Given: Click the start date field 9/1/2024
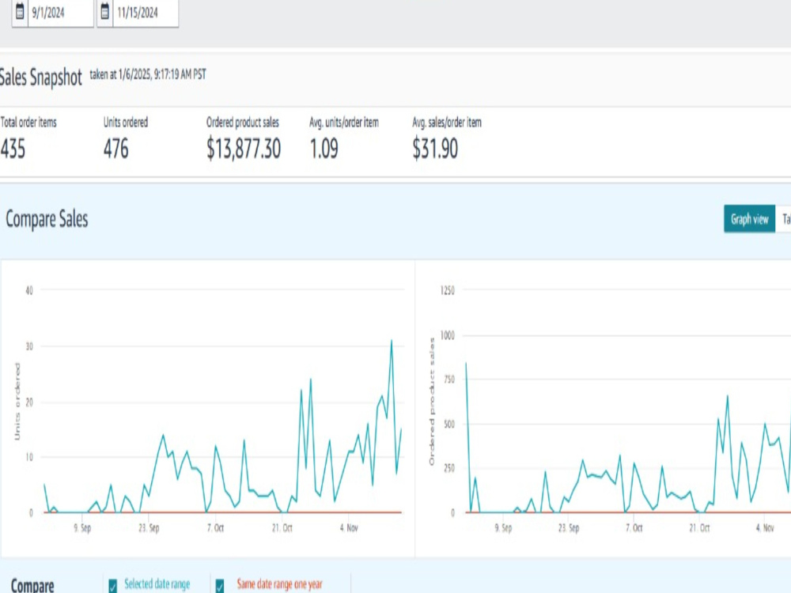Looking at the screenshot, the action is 60,12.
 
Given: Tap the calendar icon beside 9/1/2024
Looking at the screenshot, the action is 20,11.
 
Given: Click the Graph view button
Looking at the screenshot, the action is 749,219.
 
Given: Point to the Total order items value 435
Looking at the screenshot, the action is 13,149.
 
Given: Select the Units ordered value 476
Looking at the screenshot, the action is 116,149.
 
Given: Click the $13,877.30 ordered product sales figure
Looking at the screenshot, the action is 244,149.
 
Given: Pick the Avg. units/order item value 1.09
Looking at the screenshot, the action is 324,149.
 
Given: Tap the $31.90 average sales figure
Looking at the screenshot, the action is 435,149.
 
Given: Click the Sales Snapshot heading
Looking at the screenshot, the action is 40,77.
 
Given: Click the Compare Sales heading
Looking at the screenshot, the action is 47,219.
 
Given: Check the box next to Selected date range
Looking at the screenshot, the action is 113,585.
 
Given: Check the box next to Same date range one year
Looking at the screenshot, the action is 220,585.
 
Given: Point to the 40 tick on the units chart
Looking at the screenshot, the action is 29,290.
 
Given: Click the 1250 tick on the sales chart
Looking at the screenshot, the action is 448,290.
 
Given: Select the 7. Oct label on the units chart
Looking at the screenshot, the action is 215,528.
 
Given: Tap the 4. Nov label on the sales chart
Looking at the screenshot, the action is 765,528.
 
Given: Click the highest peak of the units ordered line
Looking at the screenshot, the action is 392,340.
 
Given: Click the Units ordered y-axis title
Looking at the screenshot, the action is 17,402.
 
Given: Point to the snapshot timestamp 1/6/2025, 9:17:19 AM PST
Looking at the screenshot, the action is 162,74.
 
